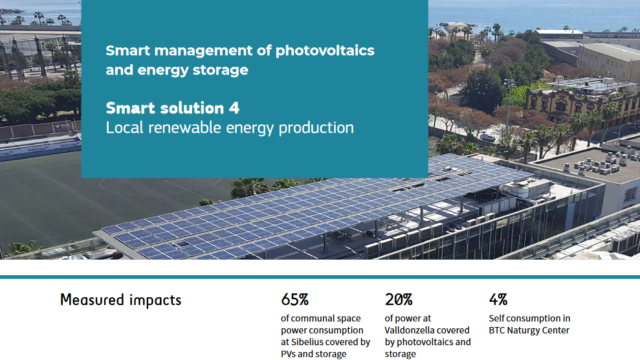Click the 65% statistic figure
(294, 300)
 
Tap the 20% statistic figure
(399, 300)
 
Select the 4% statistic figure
(498, 300)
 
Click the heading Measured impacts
(121, 300)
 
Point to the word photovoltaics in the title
(325, 51)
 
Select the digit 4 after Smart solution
(234, 108)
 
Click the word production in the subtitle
(316, 128)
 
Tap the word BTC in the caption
(496, 330)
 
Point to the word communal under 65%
(314, 319)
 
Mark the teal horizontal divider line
(320, 277)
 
